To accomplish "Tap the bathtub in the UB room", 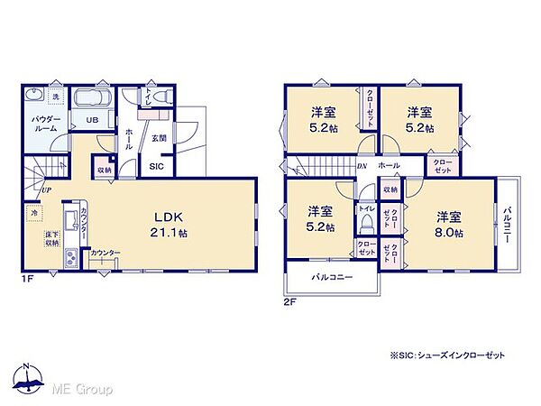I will pos(90,99).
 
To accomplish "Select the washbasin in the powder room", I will pos(34,97).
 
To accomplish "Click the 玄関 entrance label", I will pos(159,138).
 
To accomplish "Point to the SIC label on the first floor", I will pos(156,166).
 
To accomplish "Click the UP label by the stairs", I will pos(44,190).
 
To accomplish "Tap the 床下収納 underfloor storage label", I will pos(52,239).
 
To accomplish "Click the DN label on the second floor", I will pos(361,166).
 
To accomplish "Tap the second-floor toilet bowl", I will pos(367,226).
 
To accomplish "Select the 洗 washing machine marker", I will pos(55,97).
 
